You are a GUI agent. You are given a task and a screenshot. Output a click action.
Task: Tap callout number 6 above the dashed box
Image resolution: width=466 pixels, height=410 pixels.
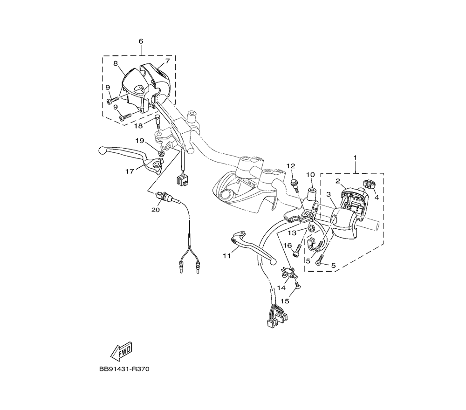point(141,41)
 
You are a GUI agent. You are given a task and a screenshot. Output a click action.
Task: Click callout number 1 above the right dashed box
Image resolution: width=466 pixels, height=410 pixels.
point(355,158)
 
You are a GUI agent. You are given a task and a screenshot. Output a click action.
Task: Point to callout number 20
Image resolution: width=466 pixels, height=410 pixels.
point(155,210)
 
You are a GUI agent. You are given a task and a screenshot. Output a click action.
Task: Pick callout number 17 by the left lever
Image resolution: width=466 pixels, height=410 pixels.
point(130,171)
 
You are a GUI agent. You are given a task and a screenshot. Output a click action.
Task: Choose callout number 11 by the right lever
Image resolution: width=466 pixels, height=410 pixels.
point(227,256)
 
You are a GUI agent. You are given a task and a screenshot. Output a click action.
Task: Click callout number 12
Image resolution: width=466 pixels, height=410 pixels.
point(291,166)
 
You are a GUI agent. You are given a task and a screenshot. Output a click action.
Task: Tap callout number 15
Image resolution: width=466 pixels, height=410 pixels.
point(285,301)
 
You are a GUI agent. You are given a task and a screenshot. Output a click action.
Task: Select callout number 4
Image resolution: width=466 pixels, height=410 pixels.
point(376,197)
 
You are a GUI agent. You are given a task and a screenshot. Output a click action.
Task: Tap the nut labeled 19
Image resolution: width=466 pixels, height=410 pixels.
point(161,152)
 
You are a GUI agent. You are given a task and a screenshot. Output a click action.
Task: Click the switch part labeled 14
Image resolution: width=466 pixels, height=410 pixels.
point(289,273)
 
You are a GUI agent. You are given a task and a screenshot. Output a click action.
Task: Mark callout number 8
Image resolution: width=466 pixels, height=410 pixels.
point(115,63)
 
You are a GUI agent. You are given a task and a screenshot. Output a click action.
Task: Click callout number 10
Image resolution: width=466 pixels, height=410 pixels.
point(310,175)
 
